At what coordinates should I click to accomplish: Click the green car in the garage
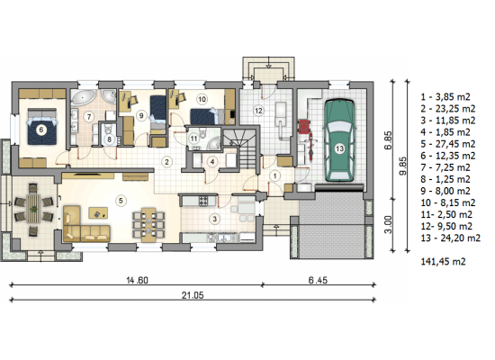point(339,140)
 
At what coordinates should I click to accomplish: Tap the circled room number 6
point(40,130)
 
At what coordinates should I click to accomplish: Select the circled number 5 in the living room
point(121,201)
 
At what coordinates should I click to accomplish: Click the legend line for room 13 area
point(451,238)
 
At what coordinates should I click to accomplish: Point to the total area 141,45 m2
point(443,262)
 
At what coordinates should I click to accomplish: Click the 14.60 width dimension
point(137,280)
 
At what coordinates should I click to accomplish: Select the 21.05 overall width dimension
point(193,295)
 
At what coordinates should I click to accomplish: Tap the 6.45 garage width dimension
point(318,280)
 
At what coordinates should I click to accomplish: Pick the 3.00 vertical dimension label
point(388,224)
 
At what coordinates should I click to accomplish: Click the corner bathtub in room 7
point(83,97)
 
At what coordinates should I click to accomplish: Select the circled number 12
point(258,111)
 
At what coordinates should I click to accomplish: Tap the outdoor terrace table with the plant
point(33,209)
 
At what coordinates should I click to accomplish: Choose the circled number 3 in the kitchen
point(215,219)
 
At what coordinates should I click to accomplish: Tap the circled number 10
point(202,99)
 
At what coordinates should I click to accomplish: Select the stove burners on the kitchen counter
point(203,201)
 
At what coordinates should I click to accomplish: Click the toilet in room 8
point(108,129)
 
